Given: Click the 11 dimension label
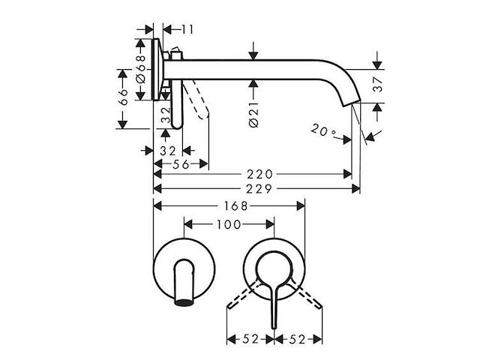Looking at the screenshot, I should [x=187, y=29].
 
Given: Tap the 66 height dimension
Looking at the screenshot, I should [x=125, y=96].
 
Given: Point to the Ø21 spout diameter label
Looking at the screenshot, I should [x=253, y=112].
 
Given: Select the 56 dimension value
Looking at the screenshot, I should [x=181, y=164].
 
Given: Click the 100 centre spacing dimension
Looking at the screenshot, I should [x=229, y=224].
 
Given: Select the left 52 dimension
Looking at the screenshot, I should [x=250, y=339].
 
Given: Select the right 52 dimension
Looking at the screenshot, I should [x=298, y=339].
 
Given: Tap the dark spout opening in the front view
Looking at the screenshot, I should [x=182, y=304].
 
